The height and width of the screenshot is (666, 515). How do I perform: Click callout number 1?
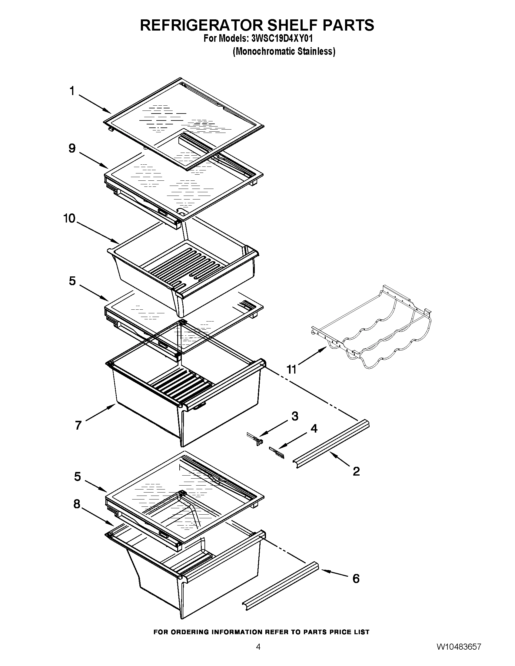click(x=72, y=91)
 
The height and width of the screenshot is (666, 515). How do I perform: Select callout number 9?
click(x=72, y=149)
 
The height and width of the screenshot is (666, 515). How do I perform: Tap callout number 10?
click(x=70, y=218)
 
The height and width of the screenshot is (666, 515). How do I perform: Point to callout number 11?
click(x=291, y=370)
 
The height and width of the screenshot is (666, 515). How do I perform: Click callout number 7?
click(x=78, y=425)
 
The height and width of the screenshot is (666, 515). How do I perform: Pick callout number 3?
click(x=294, y=416)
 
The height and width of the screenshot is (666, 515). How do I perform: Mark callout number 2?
click(x=356, y=471)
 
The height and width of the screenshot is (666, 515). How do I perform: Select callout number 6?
click(x=356, y=579)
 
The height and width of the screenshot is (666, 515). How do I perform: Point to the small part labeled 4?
click(x=277, y=453)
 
